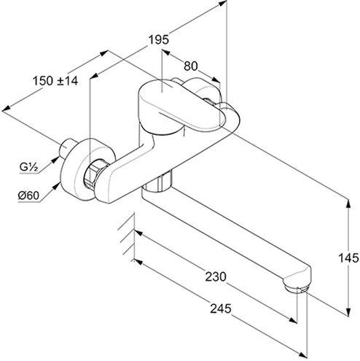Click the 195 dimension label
158,39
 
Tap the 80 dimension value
191,66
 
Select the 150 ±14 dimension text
55,81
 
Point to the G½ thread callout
28,167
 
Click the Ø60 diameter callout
28,195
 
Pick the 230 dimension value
216,276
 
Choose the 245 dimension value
221,308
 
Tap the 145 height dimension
348,258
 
